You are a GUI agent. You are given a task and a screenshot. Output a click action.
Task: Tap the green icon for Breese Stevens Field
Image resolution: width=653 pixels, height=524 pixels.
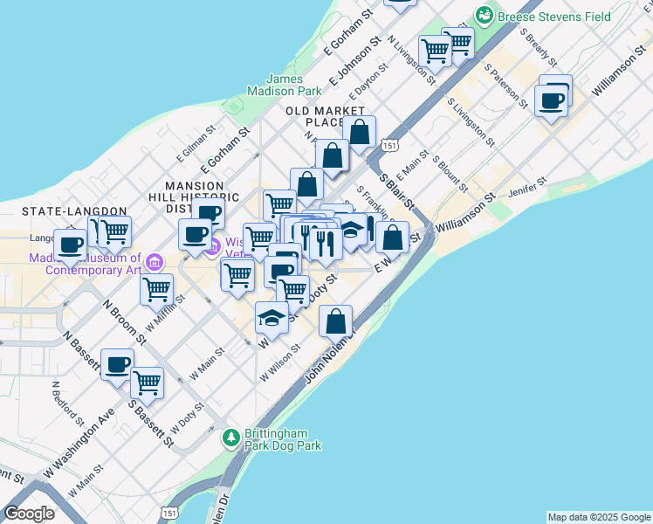click(x=483, y=15)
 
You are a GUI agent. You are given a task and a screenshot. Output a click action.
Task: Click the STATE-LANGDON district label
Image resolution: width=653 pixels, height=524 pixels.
click(x=59, y=211)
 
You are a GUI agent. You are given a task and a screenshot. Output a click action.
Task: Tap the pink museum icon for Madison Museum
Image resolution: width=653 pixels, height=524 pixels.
click(x=155, y=261)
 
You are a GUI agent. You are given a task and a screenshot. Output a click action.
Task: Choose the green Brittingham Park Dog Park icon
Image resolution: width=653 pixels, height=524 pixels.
click(x=231, y=436)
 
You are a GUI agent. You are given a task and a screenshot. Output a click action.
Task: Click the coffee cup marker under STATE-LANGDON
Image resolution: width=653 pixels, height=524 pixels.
click(x=71, y=244)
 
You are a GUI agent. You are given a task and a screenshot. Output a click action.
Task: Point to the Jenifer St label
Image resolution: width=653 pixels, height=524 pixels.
click(x=530, y=185)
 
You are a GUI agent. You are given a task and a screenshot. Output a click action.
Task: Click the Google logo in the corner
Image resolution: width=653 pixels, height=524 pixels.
click(x=29, y=514)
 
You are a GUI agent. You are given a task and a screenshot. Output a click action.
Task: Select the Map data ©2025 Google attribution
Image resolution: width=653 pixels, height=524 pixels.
click(x=598, y=517)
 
